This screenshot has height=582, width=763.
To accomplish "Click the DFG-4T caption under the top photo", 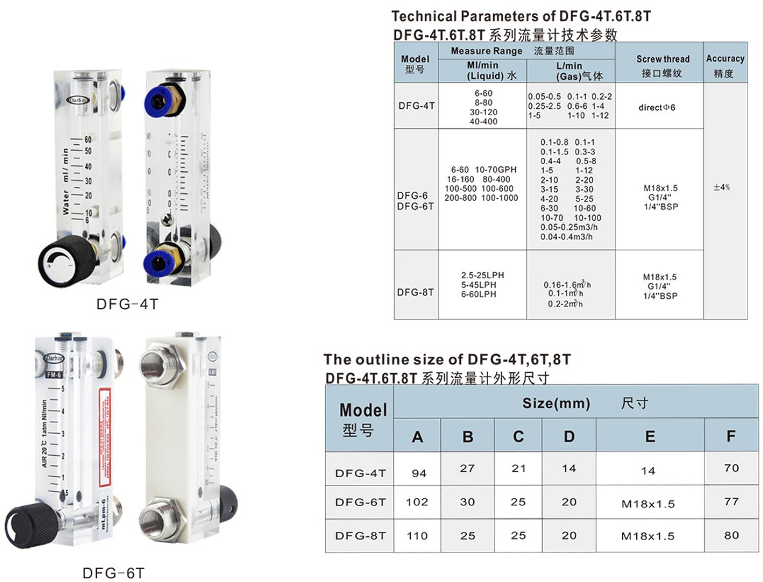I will pyautogui.click(x=127, y=303).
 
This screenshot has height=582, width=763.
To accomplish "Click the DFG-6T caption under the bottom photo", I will pyautogui.click(x=114, y=572).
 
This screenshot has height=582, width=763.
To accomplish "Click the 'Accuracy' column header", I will pyautogui.click(x=725, y=59).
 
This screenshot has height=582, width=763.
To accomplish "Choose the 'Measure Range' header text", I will pyautogui.click(x=486, y=51).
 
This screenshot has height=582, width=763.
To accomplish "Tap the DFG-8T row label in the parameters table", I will pyautogui.click(x=415, y=292).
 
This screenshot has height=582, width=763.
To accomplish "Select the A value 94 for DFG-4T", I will pyautogui.click(x=419, y=473).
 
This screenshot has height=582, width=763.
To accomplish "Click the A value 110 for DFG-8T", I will pyautogui.click(x=417, y=536).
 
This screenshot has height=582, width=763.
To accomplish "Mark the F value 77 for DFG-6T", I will pyautogui.click(x=731, y=501).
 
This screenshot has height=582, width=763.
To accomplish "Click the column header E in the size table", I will pyautogui.click(x=650, y=437).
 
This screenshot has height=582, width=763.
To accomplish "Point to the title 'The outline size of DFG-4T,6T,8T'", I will pyautogui.click(x=447, y=359).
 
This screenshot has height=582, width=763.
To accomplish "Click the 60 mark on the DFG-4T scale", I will pyautogui.click(x=89, y=138).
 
